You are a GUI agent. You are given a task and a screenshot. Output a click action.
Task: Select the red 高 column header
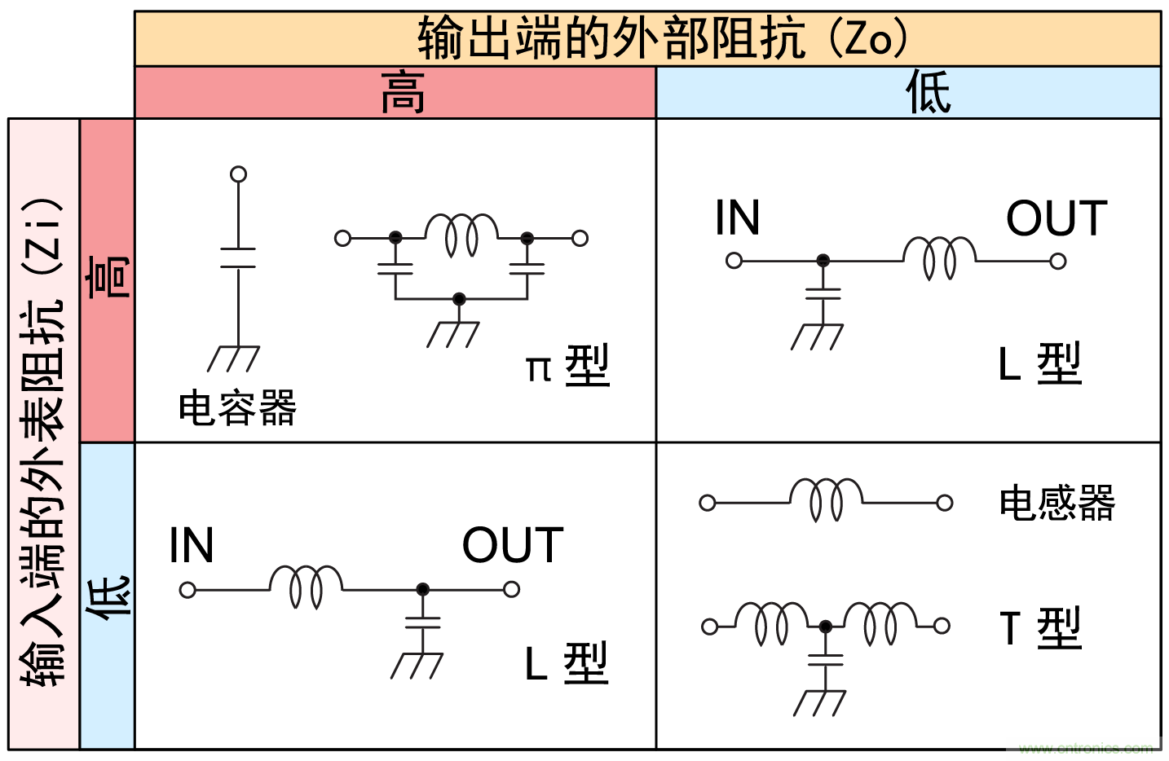coord(402,93)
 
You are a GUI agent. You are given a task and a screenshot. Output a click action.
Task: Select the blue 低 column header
coord(928,93)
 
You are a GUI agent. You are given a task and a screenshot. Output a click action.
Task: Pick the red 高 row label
coord(108,277)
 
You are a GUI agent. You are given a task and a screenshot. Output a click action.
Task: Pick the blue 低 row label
coord(108,596)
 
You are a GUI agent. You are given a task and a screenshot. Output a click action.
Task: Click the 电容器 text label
coord(237,407)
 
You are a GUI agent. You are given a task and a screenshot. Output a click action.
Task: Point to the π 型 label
coord(567,366)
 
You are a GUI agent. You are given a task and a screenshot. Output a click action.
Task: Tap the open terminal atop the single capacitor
coord(238,174)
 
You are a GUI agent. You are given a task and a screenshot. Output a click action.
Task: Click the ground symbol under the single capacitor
coord(234,358)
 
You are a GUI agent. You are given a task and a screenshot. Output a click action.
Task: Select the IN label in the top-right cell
coord(737,218)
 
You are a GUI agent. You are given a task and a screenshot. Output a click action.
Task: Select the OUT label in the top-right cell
coord(1057,218)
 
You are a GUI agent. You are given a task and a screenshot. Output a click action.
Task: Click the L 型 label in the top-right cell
coord(1040,364)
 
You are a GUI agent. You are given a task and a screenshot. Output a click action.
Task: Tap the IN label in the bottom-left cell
coord(191,545)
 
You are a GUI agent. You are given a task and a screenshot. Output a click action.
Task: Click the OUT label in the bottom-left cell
coord(513,545)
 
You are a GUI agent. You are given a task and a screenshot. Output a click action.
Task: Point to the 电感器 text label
coord(1057,503)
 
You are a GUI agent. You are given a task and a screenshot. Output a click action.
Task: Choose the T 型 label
coord(1040,628)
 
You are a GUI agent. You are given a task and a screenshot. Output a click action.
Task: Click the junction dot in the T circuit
coord(825,627)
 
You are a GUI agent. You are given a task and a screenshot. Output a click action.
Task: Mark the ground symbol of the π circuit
coord(453,333)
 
